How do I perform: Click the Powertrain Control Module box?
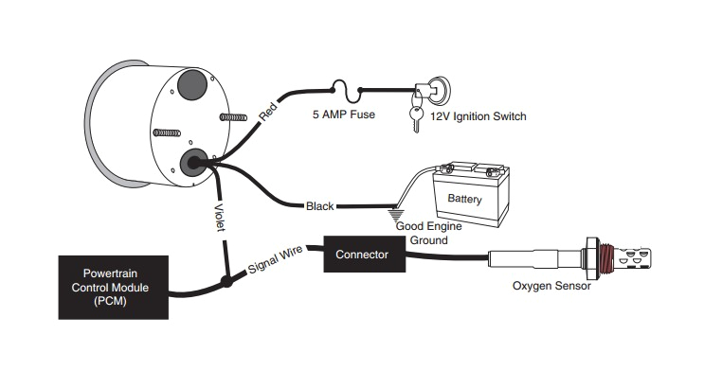(x=114, y=288)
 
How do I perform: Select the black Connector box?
(x=364, y=255)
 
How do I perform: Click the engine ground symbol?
(x=395, y=215)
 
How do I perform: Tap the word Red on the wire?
(x=268, y=112)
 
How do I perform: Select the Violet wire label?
(x=220, y=218)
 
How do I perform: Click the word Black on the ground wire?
(x=319, y=206)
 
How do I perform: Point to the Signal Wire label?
(x=275, y=259)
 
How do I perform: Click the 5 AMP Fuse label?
(x=343, y=115)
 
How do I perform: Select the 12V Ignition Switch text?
(x=478, y=116)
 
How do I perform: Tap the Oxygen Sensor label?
(x=551, y=286)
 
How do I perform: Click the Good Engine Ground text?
(x=429, y=233)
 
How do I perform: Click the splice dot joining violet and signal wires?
(x=226, y=282)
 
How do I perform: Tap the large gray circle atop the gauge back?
(x=192, y=85)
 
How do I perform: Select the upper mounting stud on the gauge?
(x=233, y=117)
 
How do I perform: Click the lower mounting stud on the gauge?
(x=167, y=132)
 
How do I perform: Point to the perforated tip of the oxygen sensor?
(x=633, y=258)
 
